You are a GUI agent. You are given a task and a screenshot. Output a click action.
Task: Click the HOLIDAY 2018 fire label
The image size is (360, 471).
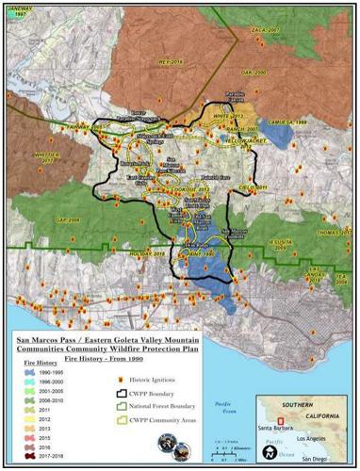147,252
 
